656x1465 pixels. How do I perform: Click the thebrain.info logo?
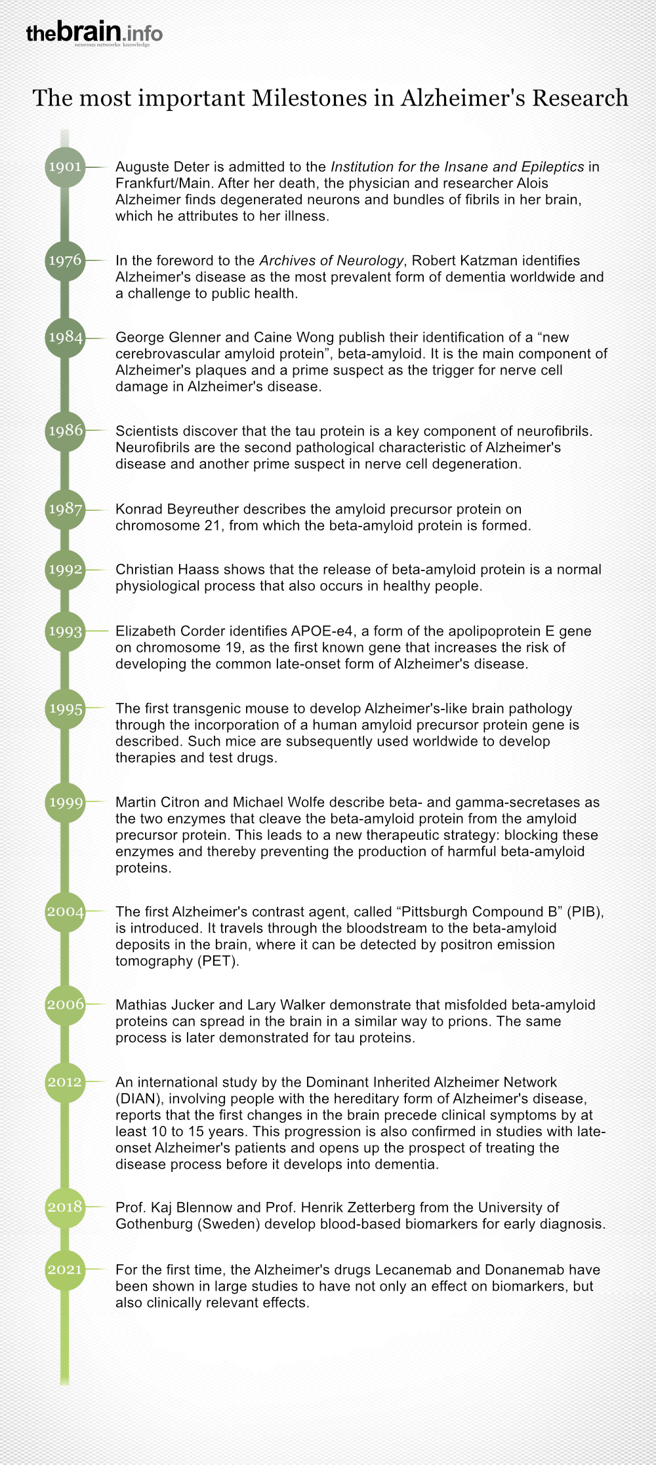(94, 32)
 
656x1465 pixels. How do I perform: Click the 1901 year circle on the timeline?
(65, 167)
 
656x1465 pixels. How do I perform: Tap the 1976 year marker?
(65, 260)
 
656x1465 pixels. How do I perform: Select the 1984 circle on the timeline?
(65, 337)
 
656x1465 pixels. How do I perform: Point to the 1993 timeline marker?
(65, 632)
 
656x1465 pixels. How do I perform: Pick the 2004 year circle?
(65, 912)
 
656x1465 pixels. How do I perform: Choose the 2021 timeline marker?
(65, 1270)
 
